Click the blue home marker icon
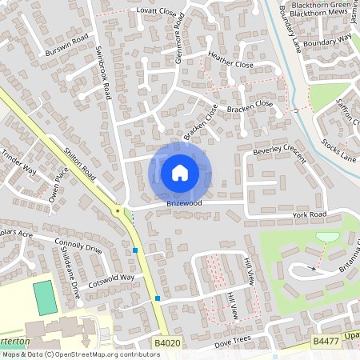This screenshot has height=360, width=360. [x=180, y=173]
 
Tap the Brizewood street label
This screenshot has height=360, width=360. [x=184, y=204]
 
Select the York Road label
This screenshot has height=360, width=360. [x=310, y=215]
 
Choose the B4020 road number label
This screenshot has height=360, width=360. [x=167, y=342]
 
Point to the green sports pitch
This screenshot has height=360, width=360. [x=45, y=295]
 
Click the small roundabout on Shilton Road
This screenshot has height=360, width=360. [x=118, y=211]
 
